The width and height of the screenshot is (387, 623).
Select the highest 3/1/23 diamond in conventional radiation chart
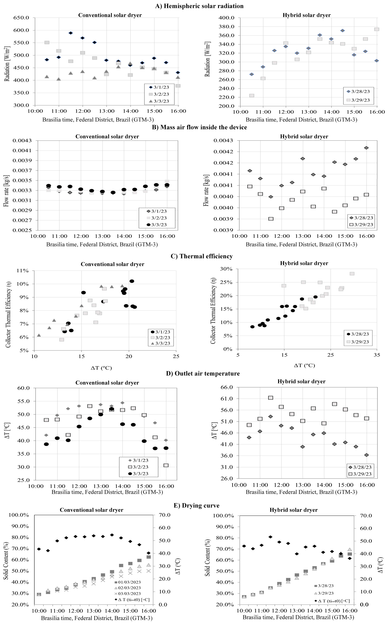(x=71, y=33)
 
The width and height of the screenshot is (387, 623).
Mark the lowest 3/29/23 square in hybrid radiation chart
(x=252, y=96)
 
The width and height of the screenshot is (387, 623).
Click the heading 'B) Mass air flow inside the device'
(x=199, y=127)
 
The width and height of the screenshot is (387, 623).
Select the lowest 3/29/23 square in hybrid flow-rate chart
(x=271, y=219)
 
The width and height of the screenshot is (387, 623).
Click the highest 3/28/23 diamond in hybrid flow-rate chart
(x=366, y=148)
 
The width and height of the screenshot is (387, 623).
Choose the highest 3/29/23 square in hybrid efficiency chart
(x=352, y=274)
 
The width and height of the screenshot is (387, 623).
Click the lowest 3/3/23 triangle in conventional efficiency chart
(x=39, y=335)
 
